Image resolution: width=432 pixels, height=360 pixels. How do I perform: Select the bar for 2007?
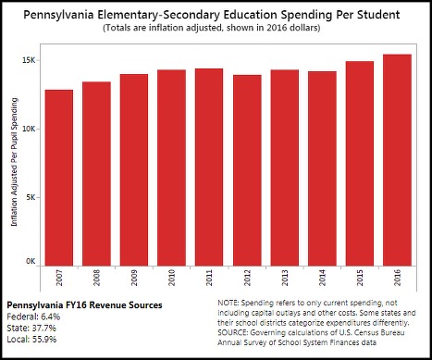[x=59, y=176]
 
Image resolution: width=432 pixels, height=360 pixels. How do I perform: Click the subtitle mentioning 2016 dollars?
[x=216, y=29]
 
